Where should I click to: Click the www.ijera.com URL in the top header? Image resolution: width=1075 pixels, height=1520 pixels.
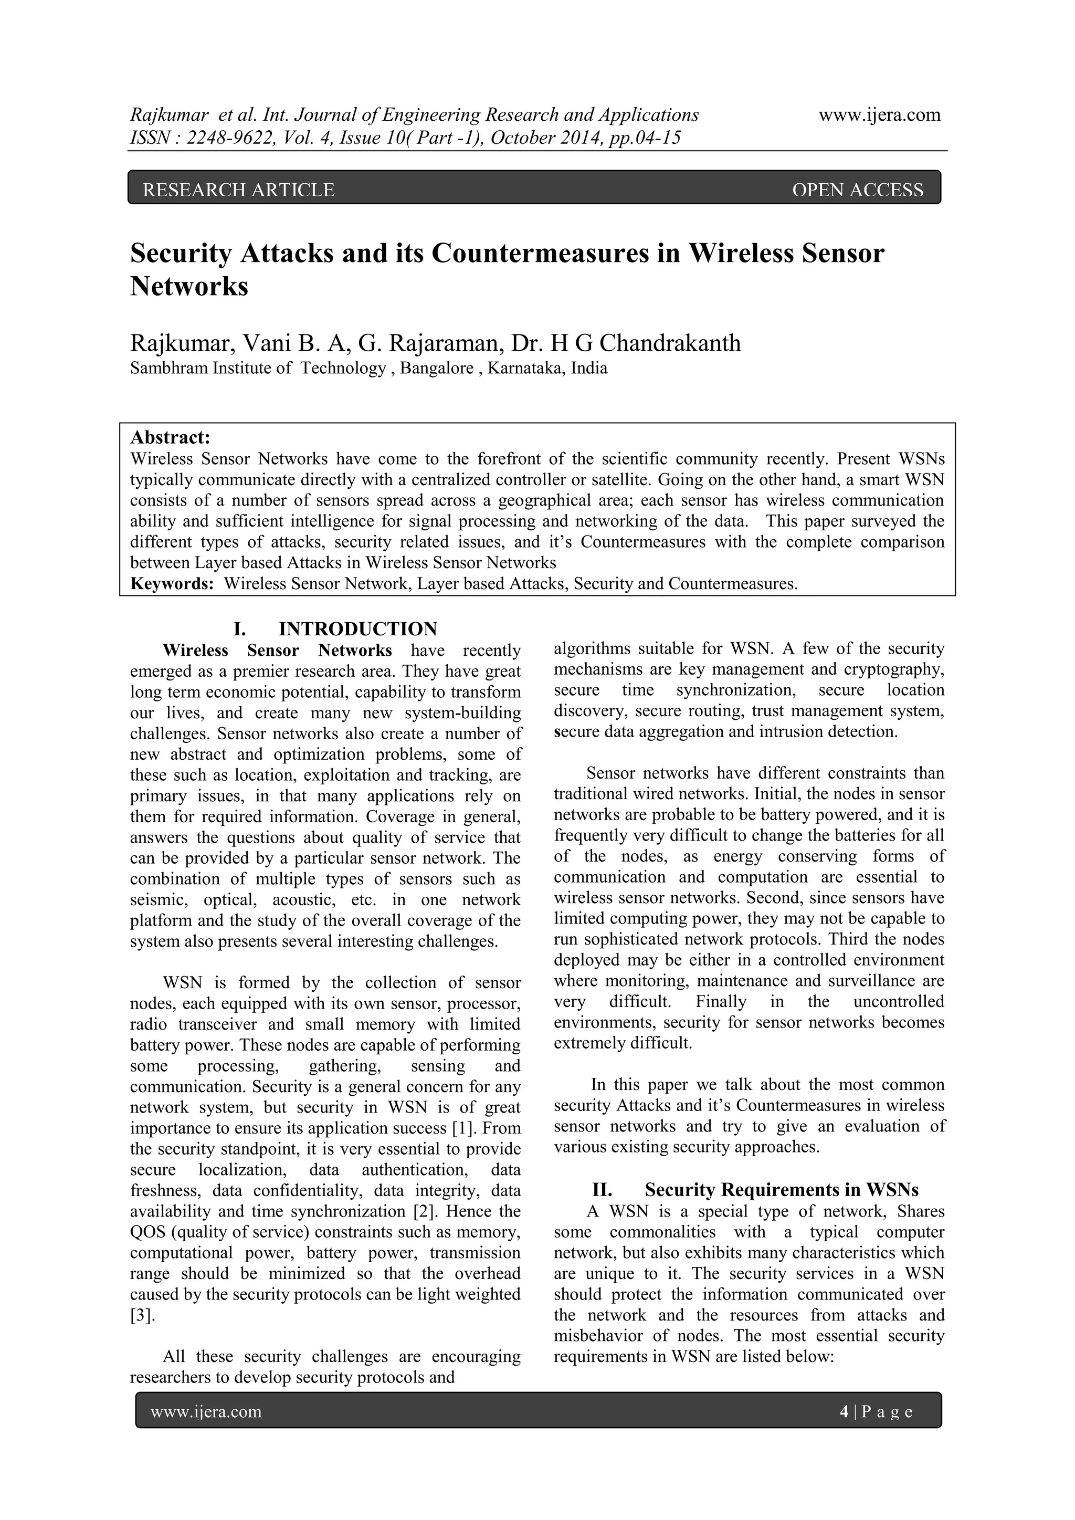coord(879,115)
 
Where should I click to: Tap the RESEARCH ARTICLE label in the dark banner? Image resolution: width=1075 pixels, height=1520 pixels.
coord(239,190)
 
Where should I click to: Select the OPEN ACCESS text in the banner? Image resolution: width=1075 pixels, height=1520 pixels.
coord(857,190)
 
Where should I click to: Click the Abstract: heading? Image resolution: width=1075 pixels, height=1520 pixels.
coord(170,437)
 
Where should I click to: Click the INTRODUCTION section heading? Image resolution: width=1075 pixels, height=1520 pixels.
coord(357,628)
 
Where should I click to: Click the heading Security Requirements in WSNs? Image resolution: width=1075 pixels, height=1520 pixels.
coord(781,1190)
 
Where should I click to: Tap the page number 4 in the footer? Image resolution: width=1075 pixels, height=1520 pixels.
coord(844,1412)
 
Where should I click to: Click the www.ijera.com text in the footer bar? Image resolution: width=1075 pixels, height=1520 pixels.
coord(206,1412)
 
